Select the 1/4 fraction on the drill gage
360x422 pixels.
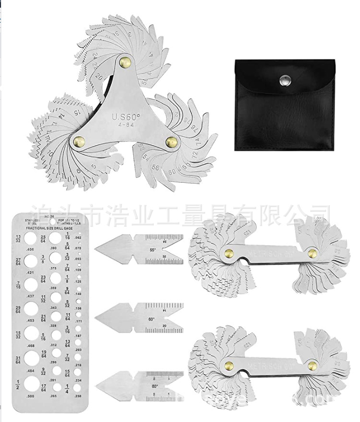point(68,387)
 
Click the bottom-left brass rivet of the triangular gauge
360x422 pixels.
point(76,141)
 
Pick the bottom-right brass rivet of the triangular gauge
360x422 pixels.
point(170,141)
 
